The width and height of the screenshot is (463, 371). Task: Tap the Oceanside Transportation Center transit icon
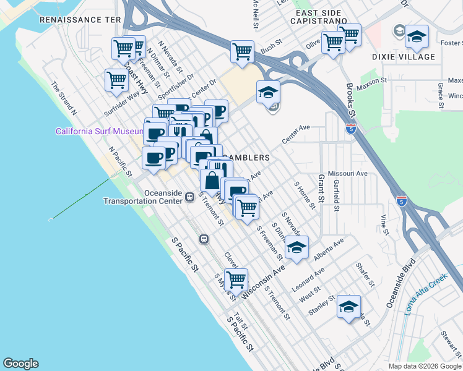[189, 197]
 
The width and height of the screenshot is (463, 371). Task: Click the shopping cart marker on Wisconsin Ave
[236, 279]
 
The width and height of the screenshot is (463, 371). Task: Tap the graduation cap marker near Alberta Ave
[296, 249]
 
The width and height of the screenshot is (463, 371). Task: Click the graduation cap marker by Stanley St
[348, 306]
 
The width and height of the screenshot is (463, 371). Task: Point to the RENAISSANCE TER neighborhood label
[80, 20]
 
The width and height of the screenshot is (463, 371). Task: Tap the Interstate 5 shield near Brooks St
[351, 129]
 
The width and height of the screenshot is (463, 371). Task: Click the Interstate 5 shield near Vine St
[401, 200]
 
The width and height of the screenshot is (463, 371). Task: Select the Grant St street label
[321, 189]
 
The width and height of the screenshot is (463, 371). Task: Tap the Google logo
[20, 364]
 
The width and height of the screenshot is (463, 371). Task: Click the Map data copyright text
[424, 366]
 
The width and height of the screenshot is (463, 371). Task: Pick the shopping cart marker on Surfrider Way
[116, 80]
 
